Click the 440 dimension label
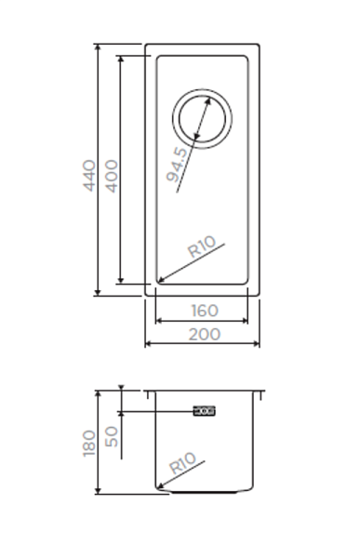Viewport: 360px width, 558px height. tap(89, 176)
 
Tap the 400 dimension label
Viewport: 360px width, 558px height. tap(112, 176)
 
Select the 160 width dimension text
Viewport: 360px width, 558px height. tap(205, 311)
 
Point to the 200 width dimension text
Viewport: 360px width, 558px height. tap(205, 334)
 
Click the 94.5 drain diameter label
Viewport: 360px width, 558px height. tap(177, 165)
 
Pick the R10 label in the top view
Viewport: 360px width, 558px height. tap(202, 246)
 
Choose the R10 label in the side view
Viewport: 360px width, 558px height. tap(182, 463)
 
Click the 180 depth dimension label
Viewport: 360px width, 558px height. tap(89, 443)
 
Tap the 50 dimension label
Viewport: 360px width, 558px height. tap(112, 437)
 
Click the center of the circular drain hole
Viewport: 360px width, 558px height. tap(202, 118)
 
